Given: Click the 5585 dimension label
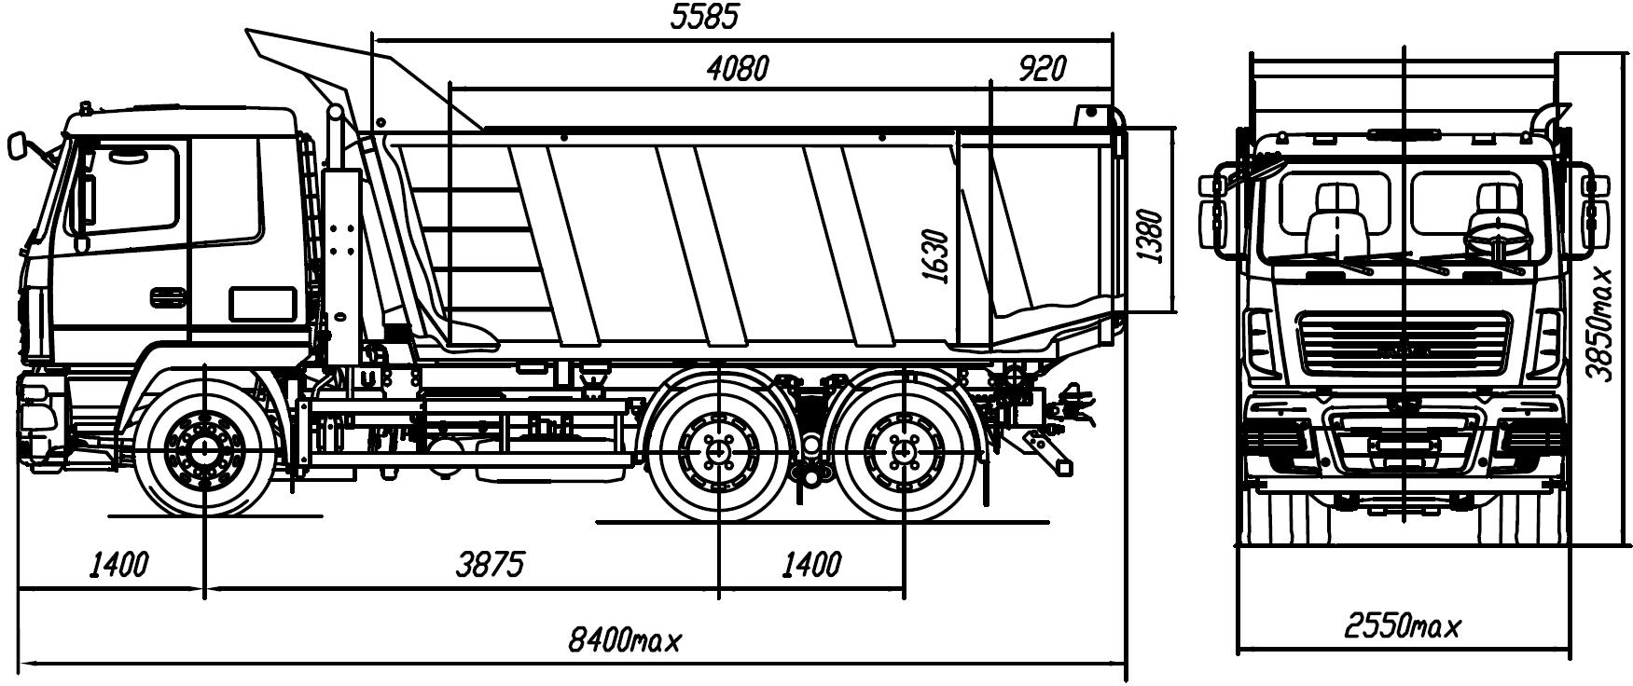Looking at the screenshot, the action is click(x=704, y=18).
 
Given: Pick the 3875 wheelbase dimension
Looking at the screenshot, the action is click(x=491, y=564).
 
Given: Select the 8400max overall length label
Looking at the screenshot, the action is click(x=625, y=640).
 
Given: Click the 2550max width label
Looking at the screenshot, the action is click(x=1403, y=626).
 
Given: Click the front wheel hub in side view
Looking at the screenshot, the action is click(x=202, y=452).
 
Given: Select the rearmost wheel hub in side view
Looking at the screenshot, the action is click(x=902, y=453).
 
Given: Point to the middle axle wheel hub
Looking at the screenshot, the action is click(x=717, y=453).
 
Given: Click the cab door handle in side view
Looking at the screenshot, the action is click(x=168, y=295).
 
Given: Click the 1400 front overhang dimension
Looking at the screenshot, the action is click(x=119, y=564).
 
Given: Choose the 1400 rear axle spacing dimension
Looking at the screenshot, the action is click(x=810, y=564).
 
